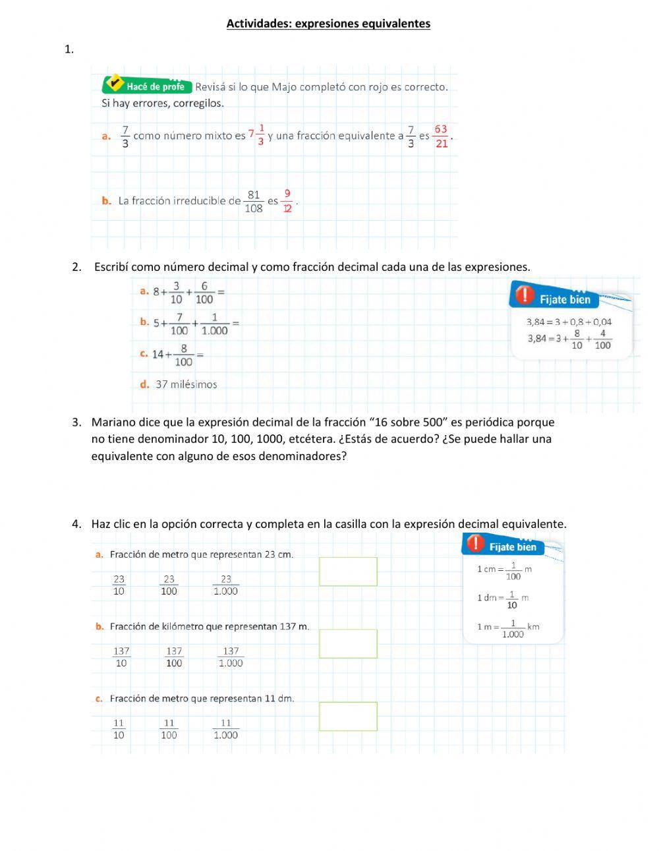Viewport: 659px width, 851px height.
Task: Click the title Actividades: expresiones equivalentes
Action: coord(328,24)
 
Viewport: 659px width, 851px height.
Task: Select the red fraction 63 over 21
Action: coord(441,136)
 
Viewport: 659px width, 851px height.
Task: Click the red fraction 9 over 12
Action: coord(287,201)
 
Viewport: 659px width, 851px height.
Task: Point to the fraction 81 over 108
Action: coord(254,201)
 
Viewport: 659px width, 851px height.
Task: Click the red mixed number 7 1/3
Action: coord(256,134)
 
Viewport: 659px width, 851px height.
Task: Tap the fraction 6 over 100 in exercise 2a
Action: coord(204,292)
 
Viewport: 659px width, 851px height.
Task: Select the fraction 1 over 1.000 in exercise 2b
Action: coord(215,324)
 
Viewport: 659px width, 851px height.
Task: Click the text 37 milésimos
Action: coord(186,384)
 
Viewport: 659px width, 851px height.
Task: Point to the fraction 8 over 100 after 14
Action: coord(183,355)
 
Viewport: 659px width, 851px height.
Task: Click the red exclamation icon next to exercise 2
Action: coord(524,295)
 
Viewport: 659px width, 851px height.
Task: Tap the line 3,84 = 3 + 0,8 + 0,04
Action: coord(569,322)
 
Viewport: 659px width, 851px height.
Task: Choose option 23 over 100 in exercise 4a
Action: coord(169,585)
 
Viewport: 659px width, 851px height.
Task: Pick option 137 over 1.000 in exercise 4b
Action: coord(231,657)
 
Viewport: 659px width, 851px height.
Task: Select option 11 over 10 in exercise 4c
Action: coord(119,728)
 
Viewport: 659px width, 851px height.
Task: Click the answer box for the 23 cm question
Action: coord(348,572)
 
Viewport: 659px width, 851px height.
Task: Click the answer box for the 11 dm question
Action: coord(348,716)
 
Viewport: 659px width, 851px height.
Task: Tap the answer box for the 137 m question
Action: coord(348,643)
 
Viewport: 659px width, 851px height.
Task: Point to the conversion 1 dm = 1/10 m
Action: coord(503,598)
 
